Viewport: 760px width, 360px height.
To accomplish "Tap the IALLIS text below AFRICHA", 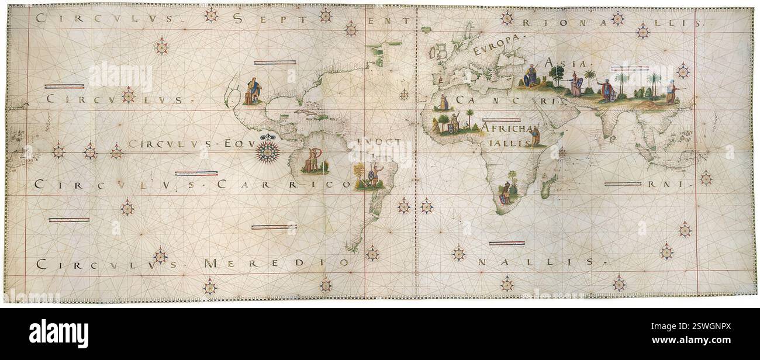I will tap(503, 142).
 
